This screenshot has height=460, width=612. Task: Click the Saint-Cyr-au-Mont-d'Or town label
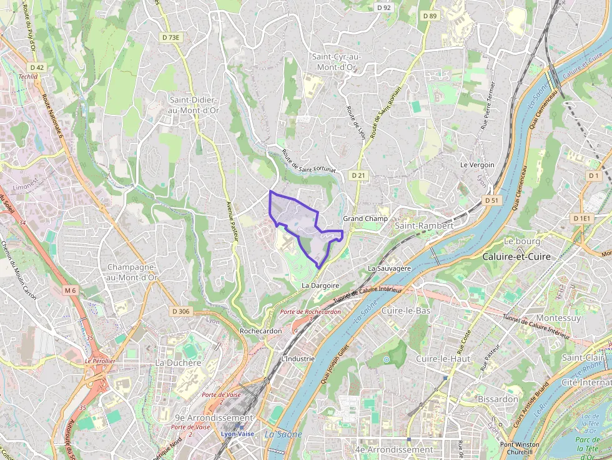pyautogui.click(x=337, y=61)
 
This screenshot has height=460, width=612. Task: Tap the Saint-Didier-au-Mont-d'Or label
pyautogui.click(x=194, y=105)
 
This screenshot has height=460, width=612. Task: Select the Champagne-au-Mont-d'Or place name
pyautogui.click(x=131, y=272)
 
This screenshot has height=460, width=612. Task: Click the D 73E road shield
pyautogui.click(x=170, y=37)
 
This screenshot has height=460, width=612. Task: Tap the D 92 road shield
pyautogui.click(x=384, y=7)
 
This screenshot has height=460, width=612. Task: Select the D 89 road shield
pyautogui.click(x=430, y=16)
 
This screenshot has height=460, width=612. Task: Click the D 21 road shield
pyautogui.click(x=358, y=175)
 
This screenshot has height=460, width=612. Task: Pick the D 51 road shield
pyautogui.click(x=491, y=200)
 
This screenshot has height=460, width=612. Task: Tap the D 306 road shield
pyautogui.click(x=180, y=311)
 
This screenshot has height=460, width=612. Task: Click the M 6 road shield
pyautogui.click(x=69, y=290)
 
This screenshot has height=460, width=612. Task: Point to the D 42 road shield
pyautogui.click(x=37, y=67)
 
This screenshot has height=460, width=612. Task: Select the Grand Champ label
pyautogui.click(x=365, y=218)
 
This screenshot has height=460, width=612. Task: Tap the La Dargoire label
pyautogui.click(x=320, y=285)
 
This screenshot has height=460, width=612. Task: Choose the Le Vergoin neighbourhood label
pyautogui.click(x=477, y=165)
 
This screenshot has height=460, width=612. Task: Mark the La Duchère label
pyautogui.click(x=178, y=363)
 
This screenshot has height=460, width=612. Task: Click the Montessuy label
pyautogui.click(x=558, y=318)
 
